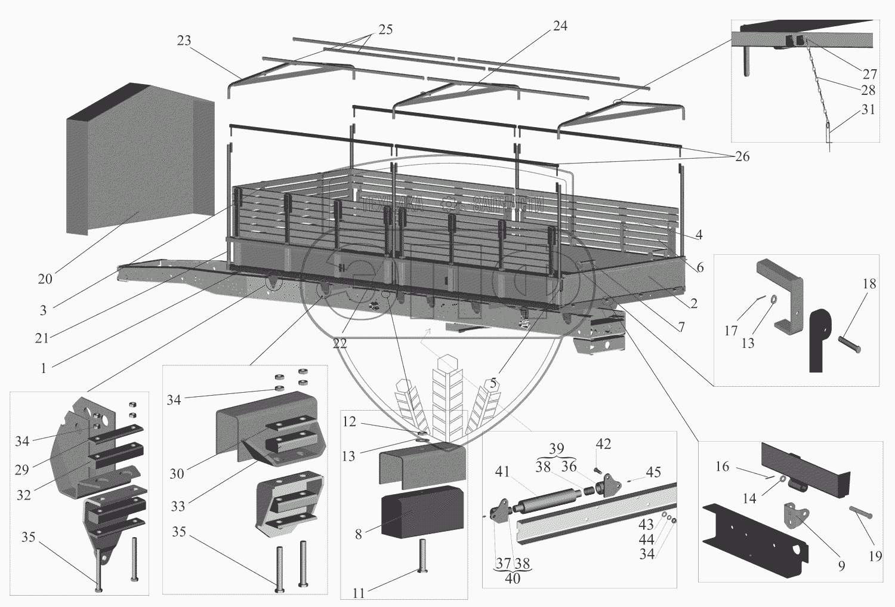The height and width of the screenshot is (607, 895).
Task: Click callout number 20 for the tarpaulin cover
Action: [x=45, y=279]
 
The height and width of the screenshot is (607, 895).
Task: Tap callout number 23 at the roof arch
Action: [x=184, y=41]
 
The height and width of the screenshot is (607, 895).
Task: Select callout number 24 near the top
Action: [x=560, y=26]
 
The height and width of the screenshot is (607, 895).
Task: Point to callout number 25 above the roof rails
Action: [x=385, y=30]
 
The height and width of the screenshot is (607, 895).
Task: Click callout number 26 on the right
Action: [x=742, y=156]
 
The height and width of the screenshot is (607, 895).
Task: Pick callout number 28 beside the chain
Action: [x=868, y=90]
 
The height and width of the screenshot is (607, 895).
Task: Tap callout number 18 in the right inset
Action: [x=869, y=284]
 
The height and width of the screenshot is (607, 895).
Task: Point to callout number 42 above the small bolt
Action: [x=603, y=445]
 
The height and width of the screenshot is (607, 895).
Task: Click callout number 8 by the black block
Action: [x=358, y=534]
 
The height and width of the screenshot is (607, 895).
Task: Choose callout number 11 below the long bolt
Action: [x=358, y=593]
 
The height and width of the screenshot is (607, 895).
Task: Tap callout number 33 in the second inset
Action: [x=178, y=506]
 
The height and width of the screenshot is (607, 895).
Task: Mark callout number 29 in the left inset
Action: [x=21, y=470]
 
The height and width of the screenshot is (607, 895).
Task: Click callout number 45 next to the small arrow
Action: [x=653, y=472]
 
